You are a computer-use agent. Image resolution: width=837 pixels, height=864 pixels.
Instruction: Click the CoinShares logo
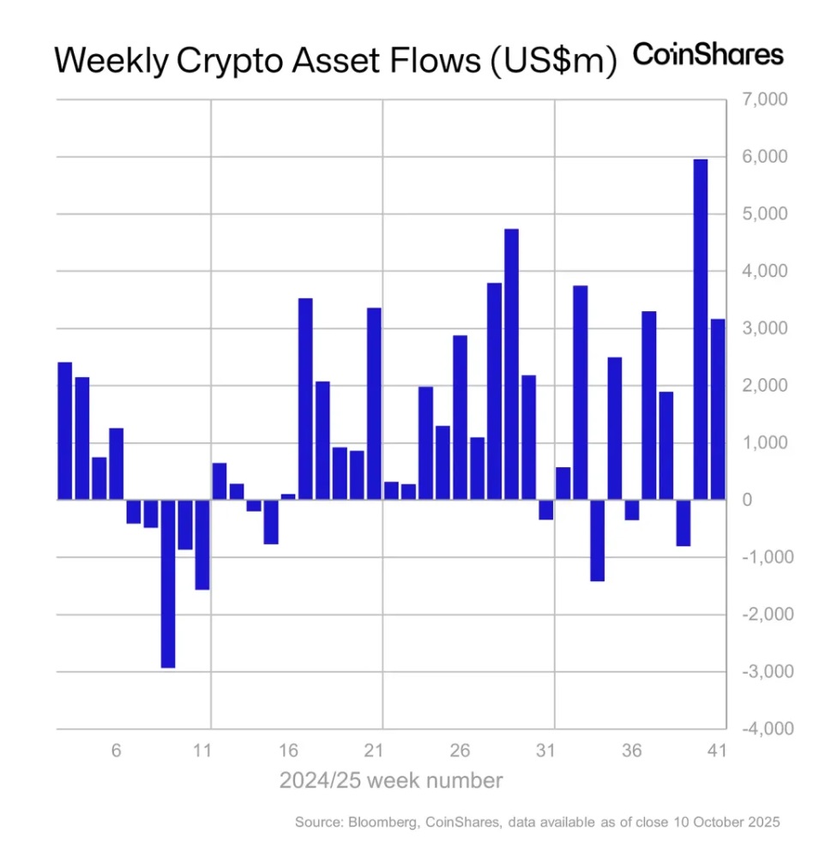[708, 55]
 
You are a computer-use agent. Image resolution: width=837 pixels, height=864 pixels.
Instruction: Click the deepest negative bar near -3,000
[168, 583]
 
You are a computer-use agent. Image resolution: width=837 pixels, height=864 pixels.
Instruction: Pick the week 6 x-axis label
[117, 751]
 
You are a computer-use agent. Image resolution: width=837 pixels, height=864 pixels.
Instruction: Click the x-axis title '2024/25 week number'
[390, 781]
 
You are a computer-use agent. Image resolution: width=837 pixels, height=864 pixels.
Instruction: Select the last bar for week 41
[718, 409]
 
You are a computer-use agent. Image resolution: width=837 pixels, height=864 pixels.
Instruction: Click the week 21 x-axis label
[374, 751]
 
